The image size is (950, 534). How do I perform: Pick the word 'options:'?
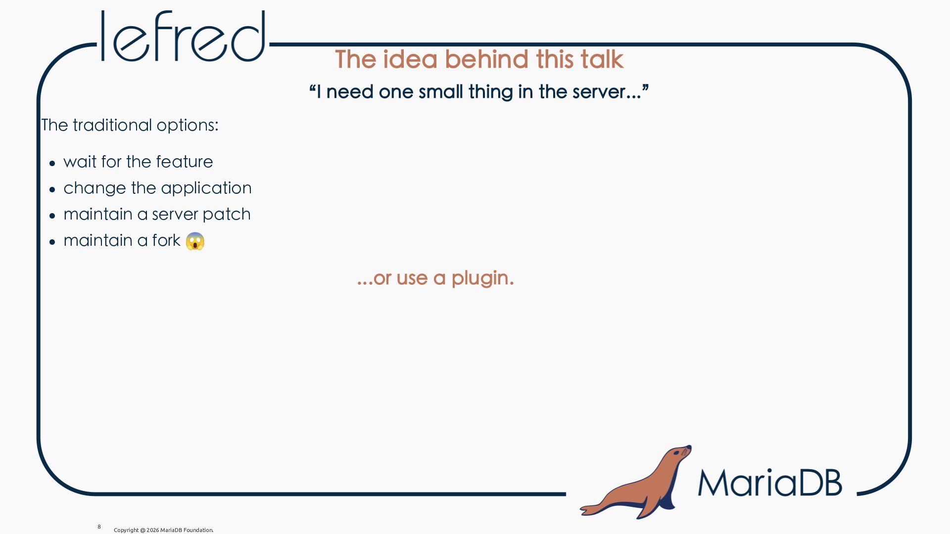pyautogui.click(x=188, y=126)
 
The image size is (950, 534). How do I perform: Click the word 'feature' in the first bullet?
pyautogui.click(x=184, y=162)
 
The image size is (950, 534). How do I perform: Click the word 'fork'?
pyautogui.click(x=166, y=240)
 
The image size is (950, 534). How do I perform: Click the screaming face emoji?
pyautogui.click(x=195, y=241)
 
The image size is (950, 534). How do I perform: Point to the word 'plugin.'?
pyautogui.click(x=482, y=278)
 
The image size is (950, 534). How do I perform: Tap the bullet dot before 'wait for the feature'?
pyautogui.click(x=52, y=163)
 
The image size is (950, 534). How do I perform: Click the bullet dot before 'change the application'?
pyautogui.click(x=52, y=189)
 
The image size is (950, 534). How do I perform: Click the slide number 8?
pyautogui.click(x=99, y=527)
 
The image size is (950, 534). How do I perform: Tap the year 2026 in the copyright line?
pyautogui.click(x=152, y=530)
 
